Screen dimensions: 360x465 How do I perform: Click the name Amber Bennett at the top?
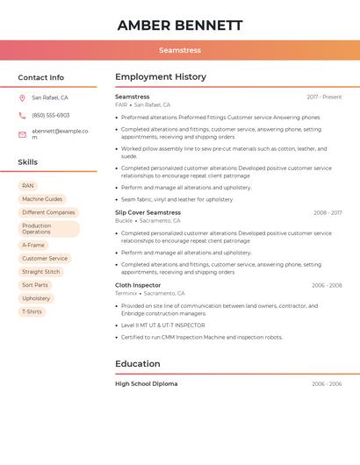pyautogui.click(x=179, y=25)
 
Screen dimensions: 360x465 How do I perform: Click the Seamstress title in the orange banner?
pyautogui.click(x=179, y=50)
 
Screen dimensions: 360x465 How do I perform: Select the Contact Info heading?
pyautogui.click(x=41, y=77)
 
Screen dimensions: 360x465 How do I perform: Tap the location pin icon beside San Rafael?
pyautogui.click(x=22, y=98)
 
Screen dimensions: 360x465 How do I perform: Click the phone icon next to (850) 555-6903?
pyautogui.click(x=22, y=116)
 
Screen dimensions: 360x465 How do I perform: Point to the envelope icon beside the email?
pyautogui.click(x=22, y=134)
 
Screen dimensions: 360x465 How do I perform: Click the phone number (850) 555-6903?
pyautogui.click(x=51, y=116)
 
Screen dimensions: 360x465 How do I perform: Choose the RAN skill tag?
pyautogui.click(x=28, y=186)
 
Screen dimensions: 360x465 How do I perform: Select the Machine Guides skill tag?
pyautogui.click(x=42, y=199)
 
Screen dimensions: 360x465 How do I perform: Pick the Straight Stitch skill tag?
pyautogui.click(x=41, y=272)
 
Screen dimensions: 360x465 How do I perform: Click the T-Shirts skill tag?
pyautogui.click(x=32, y=311)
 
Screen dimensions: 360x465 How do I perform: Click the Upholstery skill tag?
pyautogui.click(x=36, y=298)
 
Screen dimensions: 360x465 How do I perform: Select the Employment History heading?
pyautogui.click(x=161, y=77)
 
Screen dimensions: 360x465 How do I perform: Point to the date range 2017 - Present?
pyautogui.click(x=324, y=97)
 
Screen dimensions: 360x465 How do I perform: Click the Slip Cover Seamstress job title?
pyautogui.click(x=148, y=212)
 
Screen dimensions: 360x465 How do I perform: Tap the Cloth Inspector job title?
pyautogui.click(x=138, y=285)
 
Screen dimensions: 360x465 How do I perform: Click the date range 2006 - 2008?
pyautogui.click(x=327, y=285)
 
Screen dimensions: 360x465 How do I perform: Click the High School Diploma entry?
pyautogui.click(x=146, y=384)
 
